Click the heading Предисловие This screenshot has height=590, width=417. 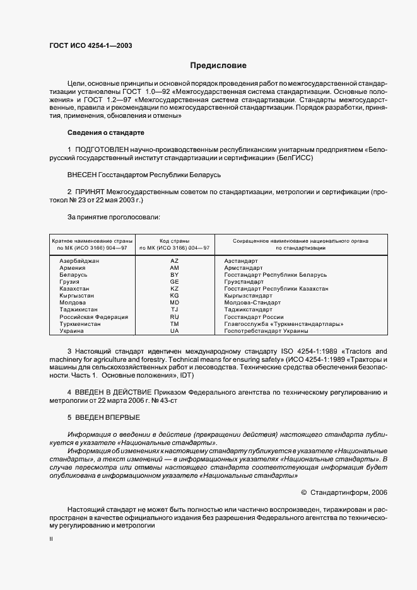tap(218, 66)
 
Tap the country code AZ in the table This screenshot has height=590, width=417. tap(175, 261)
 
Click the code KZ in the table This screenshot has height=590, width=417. tap(175, 289)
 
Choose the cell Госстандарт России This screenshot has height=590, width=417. tap(254, 316)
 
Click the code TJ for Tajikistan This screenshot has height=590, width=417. tap(175, 309)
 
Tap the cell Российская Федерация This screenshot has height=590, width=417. tap(93, 316)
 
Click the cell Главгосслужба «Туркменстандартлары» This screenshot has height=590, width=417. tap(284, 324)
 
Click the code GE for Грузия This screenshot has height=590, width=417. tap(175, 275)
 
